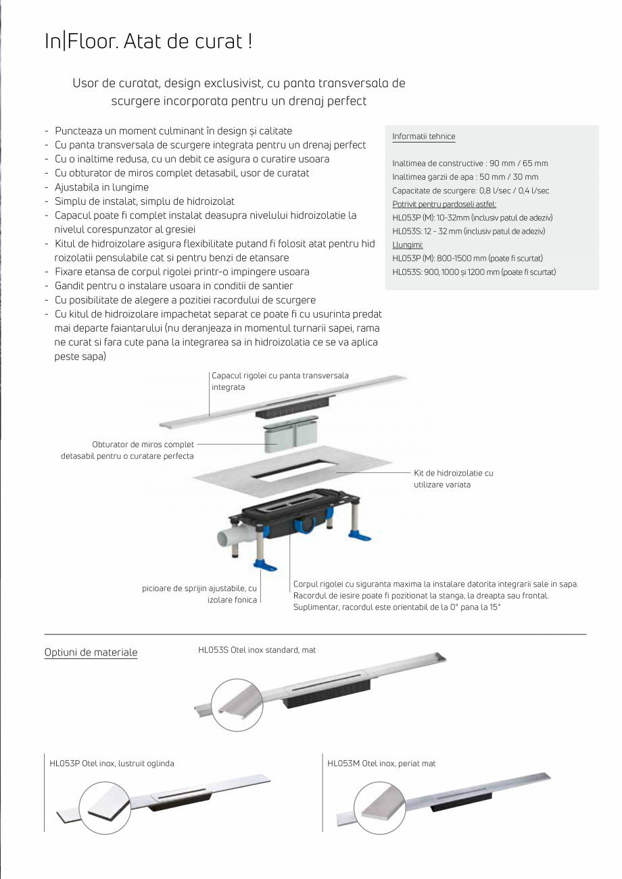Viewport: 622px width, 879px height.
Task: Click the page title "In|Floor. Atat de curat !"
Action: coord(148,42)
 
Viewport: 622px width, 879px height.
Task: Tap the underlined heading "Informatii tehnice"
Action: coord(423,136)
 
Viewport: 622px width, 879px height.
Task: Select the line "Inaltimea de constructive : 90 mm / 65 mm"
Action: coord(470,164)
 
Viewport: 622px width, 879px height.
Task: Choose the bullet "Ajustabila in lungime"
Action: coord(101,187)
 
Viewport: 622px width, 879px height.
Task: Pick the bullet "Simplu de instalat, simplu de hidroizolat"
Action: coord(145,201)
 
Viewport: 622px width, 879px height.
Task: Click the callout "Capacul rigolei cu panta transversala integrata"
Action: coord(280,382)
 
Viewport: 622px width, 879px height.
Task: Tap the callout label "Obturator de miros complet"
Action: coord(143,445)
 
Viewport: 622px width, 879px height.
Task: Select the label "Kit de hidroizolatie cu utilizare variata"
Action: coord(453,478)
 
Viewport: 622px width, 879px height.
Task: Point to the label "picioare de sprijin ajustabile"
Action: coord(199,588)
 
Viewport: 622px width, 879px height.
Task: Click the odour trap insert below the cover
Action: coord(291,438)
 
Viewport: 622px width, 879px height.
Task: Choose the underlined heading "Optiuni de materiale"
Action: coord(91,653)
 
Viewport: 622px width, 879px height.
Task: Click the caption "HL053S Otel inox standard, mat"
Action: coord(257,650)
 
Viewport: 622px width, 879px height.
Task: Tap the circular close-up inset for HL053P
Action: coord(105,807)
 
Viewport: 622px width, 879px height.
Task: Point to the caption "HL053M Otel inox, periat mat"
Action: coord(381,763)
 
